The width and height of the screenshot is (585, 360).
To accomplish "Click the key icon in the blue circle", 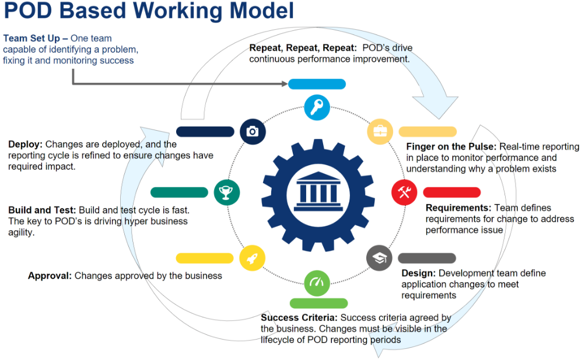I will (317, 107).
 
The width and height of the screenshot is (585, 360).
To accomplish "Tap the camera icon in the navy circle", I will (253, 131).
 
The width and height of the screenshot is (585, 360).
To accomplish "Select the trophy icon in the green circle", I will (227, 192).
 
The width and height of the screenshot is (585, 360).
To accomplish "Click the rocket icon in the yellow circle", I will (253, 257).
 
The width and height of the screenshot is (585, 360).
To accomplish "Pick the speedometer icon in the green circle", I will (317, 283).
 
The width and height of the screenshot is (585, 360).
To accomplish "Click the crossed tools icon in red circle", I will (404, 192).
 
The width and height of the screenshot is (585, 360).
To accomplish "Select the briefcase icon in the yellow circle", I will (380, 131).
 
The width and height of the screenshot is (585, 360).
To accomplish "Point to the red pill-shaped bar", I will (451, 192).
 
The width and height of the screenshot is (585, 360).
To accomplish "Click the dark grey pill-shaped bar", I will (426, 258).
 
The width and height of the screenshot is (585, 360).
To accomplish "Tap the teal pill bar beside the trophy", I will (179, 192).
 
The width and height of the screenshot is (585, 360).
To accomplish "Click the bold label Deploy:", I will (25, 144).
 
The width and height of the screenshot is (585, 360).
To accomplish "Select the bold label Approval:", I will (50, 275).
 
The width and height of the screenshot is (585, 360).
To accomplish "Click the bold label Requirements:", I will (458, 208).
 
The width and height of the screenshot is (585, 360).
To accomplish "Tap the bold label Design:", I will (418, 273).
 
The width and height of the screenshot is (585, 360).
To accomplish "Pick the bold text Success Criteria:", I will (299, 317).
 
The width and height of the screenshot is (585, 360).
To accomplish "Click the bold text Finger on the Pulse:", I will (451, 146).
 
